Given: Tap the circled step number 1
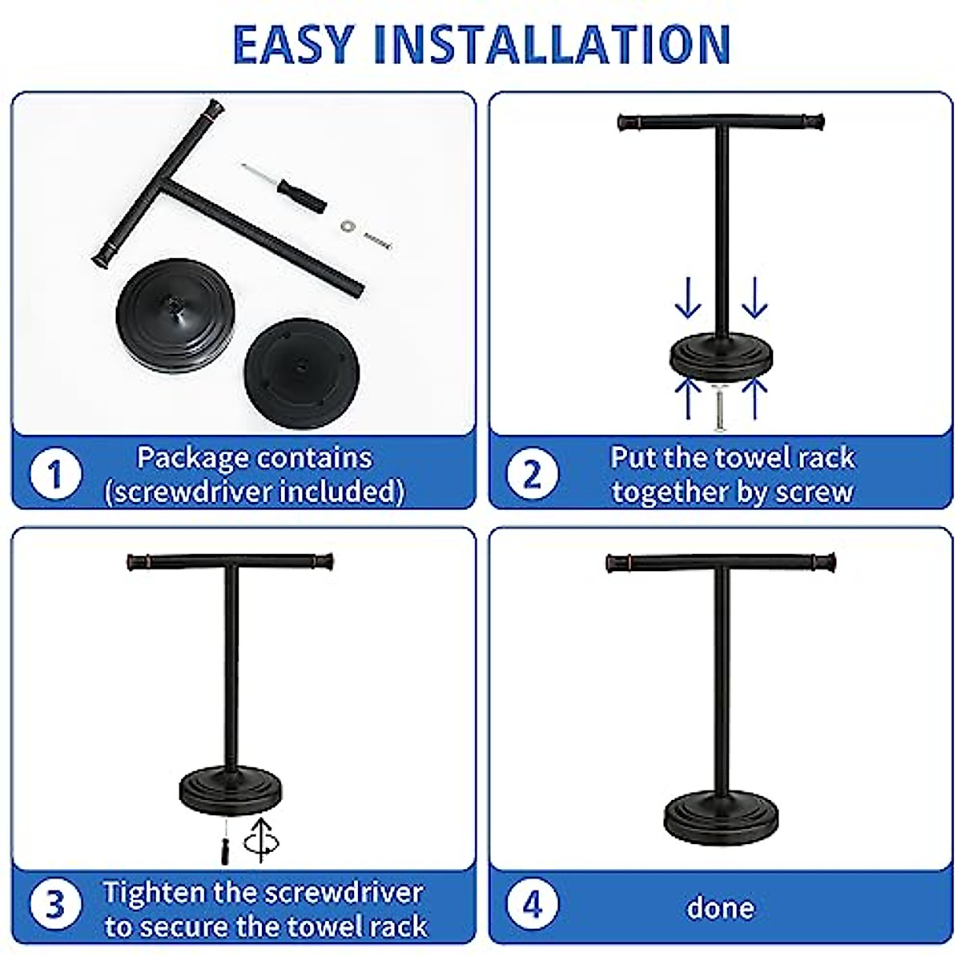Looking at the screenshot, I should (55, 473).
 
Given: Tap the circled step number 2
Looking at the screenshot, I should (532, 473).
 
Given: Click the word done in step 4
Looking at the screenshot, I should (720, 908).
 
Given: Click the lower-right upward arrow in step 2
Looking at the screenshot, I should (754, 397).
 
